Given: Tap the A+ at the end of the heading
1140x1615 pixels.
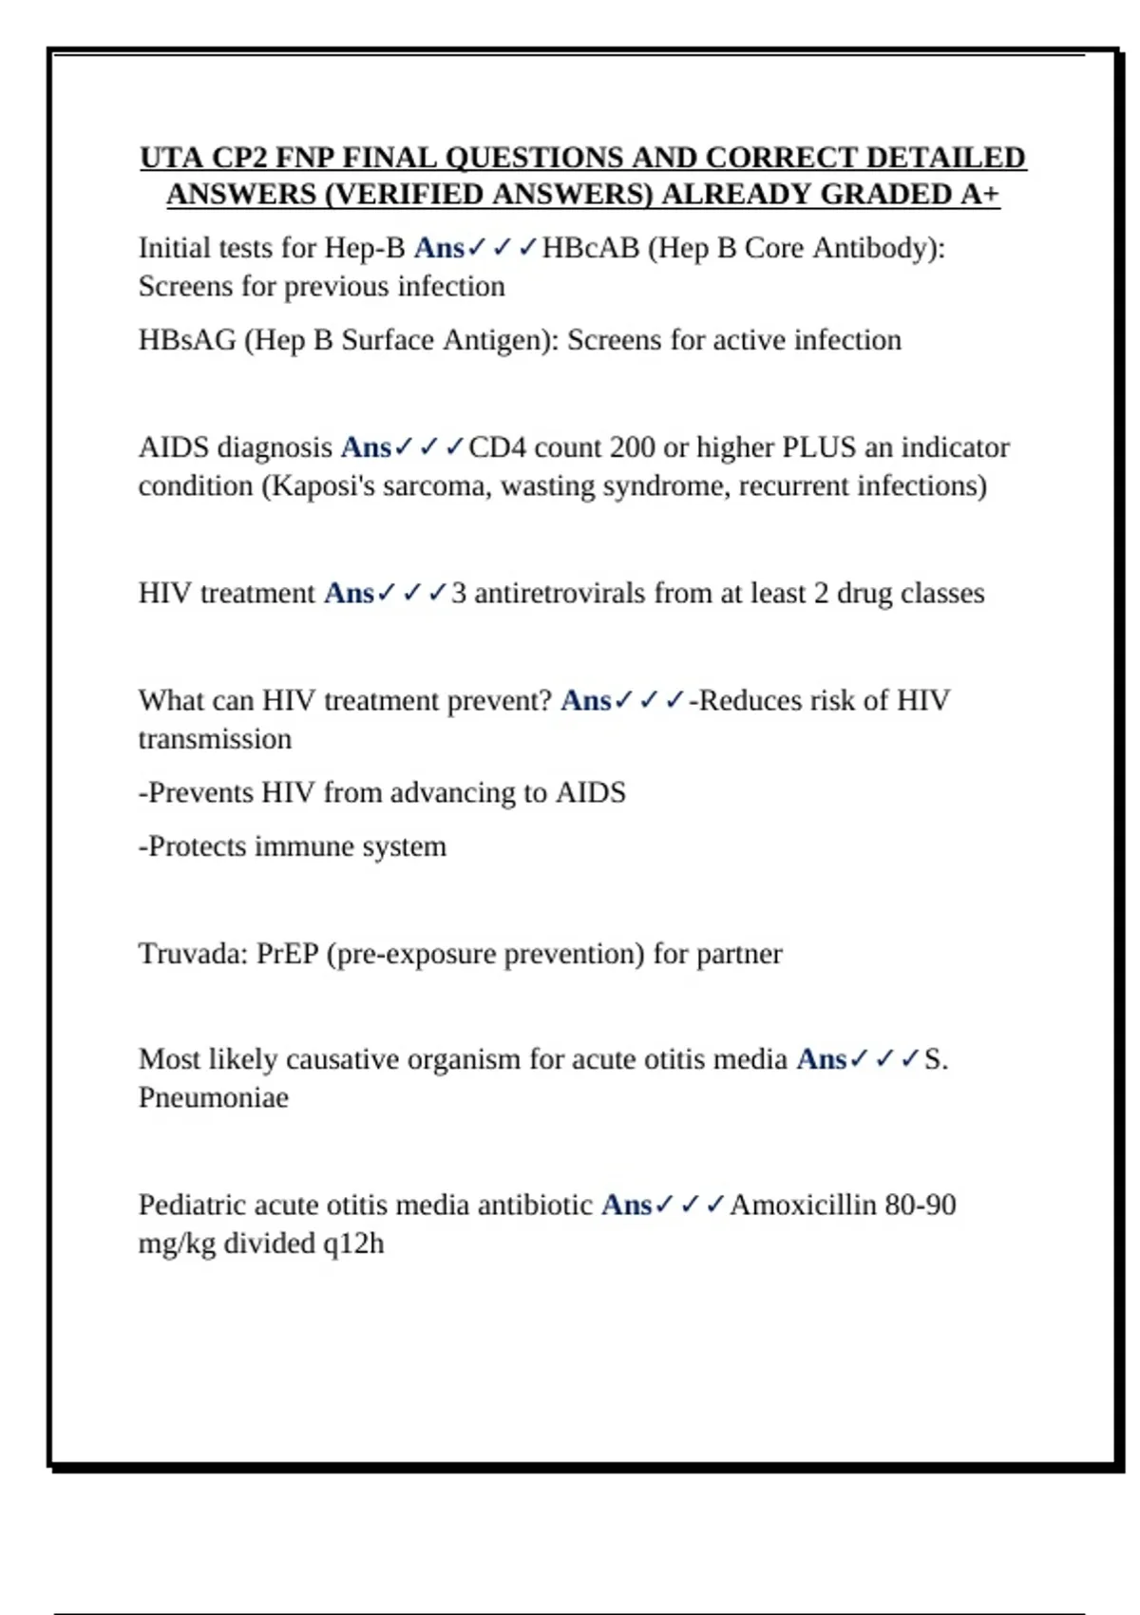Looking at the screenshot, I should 979,194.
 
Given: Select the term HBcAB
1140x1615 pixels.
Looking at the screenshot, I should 590,248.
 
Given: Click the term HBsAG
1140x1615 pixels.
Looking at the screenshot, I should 187,340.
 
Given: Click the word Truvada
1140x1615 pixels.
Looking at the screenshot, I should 193,953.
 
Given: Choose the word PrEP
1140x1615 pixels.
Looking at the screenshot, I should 287,953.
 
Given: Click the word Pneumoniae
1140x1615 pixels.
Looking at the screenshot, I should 214,1097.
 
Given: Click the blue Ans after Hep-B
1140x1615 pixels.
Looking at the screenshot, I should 439,248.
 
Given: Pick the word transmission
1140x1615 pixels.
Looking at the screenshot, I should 215,739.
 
